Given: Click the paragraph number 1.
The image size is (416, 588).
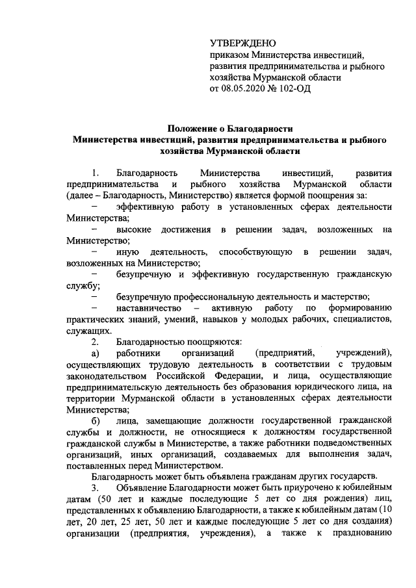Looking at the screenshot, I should coord(96,173).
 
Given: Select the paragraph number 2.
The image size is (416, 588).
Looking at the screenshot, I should coord(96,341).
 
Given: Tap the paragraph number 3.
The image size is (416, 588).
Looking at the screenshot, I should coord(96,488).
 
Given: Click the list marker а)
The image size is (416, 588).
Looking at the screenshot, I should coord(96,353).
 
